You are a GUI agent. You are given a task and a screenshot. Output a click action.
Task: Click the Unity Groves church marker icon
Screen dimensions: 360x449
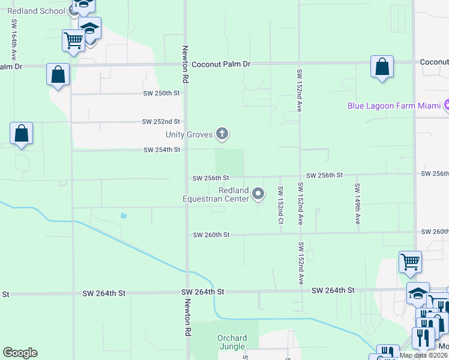point(222,134)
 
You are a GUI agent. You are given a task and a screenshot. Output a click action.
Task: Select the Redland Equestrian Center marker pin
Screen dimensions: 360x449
point(259,193)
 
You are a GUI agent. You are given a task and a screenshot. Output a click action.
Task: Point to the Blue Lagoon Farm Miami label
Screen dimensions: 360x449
point(394,106)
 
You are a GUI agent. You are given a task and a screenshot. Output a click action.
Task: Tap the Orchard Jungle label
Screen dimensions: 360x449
point(231,342)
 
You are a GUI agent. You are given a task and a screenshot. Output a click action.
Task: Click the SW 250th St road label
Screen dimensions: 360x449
point(161,94)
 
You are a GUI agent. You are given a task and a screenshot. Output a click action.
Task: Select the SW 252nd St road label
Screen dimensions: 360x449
point(161,121)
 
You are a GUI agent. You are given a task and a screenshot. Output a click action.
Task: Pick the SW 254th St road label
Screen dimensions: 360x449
point(161,150)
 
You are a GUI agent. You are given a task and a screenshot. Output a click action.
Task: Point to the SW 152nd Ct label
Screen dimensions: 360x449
point(280,205)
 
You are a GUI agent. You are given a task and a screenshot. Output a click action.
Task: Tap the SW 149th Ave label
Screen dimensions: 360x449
point(357,204)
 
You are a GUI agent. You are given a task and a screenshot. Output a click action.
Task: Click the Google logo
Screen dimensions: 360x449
point(20,353)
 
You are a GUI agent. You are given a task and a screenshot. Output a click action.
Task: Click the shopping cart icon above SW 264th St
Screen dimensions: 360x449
point(410,262)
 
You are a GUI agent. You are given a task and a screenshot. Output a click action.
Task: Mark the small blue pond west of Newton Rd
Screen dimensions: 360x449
point(123,215)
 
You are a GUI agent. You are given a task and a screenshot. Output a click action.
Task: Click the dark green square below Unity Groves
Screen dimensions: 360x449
point(230,162)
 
